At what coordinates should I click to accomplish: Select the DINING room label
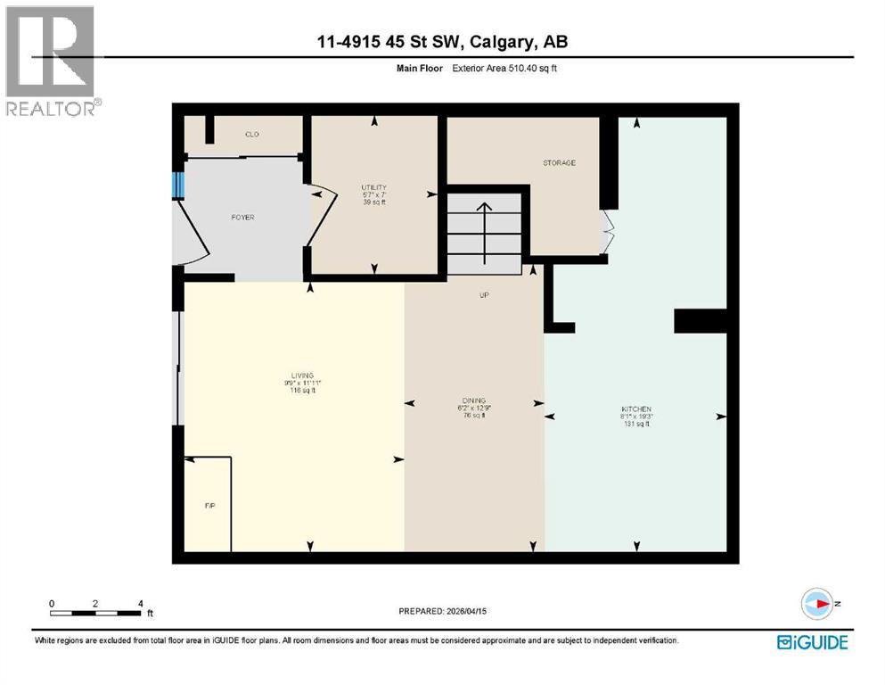click(x=474, y=400)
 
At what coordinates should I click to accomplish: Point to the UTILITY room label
click(x=373, y=187)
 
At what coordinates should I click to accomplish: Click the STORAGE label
click(x=559, y=163)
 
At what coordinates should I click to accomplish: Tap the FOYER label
click(x=243, y=218)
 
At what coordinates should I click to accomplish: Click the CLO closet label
click(x=251, y=135)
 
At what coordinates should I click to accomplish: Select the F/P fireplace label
click(x=210, y=506)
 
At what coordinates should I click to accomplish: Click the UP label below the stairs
click(x=485, y=295)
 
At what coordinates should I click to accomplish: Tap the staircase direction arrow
click(x=484, y=232)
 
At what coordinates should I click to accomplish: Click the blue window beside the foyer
click(x=178, y=185)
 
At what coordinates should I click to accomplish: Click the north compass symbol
click(x=816, y=604)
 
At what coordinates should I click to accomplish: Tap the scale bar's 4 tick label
click(x=141, y=603)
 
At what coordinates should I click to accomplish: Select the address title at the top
click(x=443, y=42)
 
